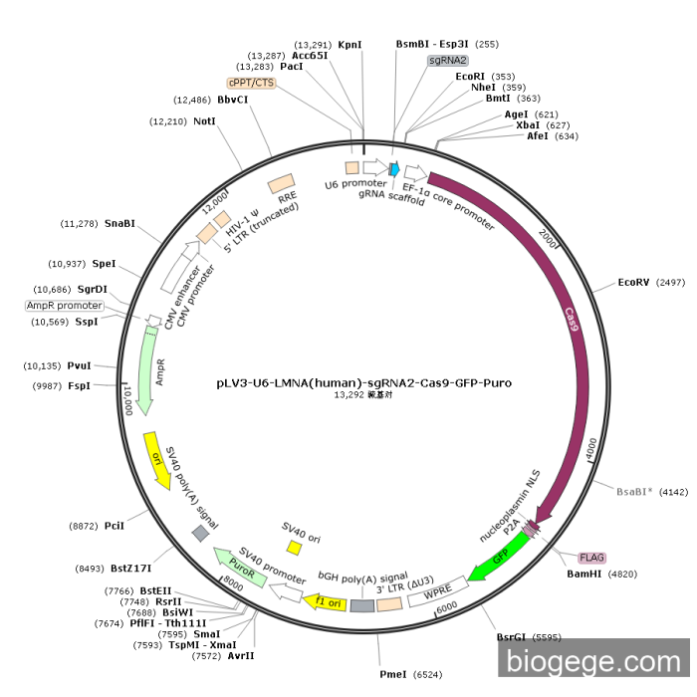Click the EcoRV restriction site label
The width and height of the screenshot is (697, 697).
pos(633,283)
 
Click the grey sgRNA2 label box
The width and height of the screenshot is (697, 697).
pos(448,60)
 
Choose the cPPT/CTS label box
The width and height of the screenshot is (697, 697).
pos(251,82)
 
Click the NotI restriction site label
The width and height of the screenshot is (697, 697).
pos(205,121)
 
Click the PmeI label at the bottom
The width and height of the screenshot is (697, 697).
pos(393,674)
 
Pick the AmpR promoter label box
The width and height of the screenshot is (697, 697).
pos(64,306)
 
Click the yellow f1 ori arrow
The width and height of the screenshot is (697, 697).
pos(328,601)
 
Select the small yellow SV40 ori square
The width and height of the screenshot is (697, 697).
pos(294,548)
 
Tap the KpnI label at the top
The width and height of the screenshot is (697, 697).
pos(349,45)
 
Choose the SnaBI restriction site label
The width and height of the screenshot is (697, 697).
pos(119,224)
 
